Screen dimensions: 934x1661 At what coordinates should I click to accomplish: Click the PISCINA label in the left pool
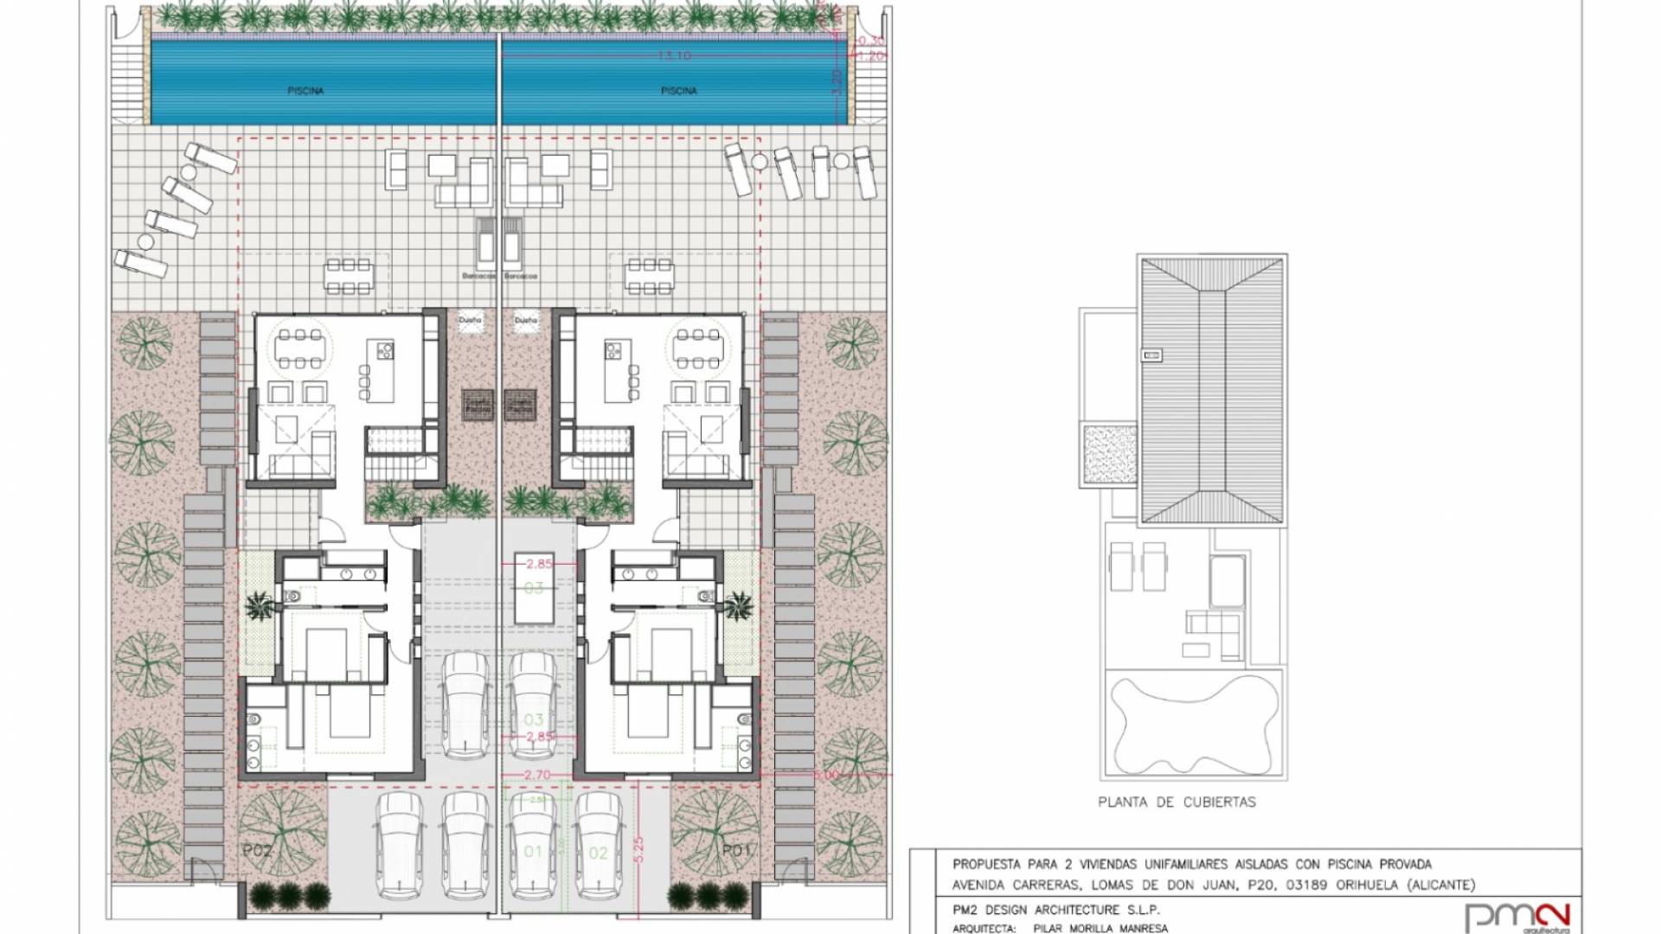pos(305,91)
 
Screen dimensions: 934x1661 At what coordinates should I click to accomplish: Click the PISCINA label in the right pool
pos(679,91)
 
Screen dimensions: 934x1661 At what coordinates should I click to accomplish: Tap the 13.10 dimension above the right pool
pos(674,55)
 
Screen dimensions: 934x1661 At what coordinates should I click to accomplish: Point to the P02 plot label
pos(257,851)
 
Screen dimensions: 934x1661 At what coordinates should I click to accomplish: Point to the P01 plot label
pos(735,851)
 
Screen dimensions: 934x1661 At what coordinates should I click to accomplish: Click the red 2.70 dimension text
pos(537,776)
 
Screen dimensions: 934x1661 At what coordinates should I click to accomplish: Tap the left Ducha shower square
pos(471,321)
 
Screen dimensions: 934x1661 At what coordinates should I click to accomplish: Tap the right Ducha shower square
pos(525,321)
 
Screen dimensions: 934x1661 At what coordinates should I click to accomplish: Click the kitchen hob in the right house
pos(614,350)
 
